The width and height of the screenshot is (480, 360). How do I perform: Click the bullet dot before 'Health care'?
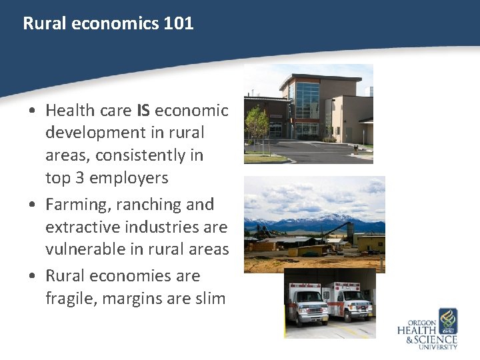(33, 111)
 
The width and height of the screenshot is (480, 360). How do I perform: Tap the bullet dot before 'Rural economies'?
(33, 276)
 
